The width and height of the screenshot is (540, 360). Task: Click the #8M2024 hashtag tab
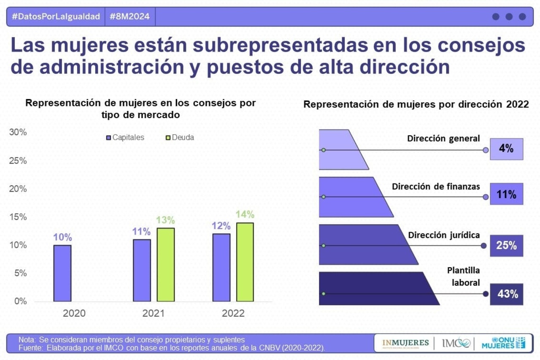click(130, 17)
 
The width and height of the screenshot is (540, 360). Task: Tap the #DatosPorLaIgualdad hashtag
click(56, 17)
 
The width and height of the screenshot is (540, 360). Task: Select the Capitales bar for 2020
click(62, 273)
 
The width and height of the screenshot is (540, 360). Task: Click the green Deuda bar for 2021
click(165, 265)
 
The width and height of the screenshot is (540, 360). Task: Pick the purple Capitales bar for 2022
click(221, 268)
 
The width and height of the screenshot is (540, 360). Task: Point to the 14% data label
click(245, 214)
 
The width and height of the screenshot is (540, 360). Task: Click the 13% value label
click(165, 220)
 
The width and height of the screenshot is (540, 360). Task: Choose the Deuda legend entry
click(180, 138)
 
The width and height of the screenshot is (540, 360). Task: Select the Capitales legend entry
click(125, 138)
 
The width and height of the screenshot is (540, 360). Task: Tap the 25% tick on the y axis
click(18, 161)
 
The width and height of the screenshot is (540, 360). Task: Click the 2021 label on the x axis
click(154, 314)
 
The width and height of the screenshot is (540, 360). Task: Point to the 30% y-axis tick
click(18, 133)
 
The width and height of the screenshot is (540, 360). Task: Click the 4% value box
click(506, 149)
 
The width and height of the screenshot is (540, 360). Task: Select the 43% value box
click(506, 294)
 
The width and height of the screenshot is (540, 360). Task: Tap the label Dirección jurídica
click(444, 235)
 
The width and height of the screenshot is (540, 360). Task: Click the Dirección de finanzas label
click(436, 186)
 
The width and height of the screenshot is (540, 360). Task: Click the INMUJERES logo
click(405, 343)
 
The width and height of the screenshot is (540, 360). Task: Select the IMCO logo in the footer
click(456, 343)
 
